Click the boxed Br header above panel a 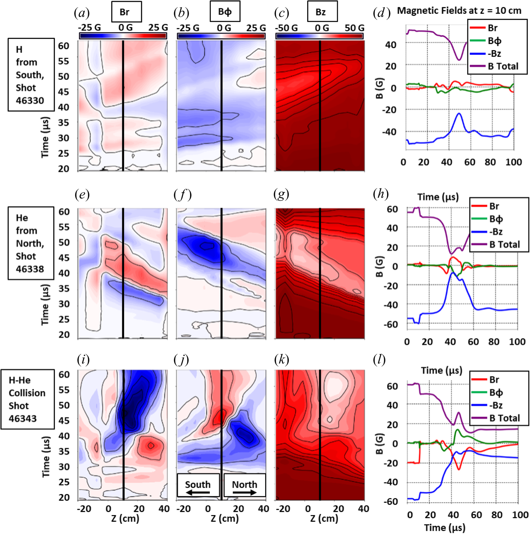tap(126, 12)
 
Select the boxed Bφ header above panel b tap(225, 12)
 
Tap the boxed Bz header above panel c tap(322, 12)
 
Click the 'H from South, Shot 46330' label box tap(31, 75)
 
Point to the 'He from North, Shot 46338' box tap(31, 243)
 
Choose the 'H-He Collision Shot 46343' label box tap(27, 399)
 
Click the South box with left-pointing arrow tap(198, 485)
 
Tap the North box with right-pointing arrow tap(245, 485)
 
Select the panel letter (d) tap(381, 13)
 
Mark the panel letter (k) tap(282, 360)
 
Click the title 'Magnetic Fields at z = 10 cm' tap(459, 11)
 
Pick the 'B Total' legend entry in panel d tap(503, 66)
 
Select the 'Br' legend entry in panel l tap(494, 380)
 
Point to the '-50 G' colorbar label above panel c tap(286, 28)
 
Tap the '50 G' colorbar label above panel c tap(354, 28)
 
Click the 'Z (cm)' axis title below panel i tap(125, 519)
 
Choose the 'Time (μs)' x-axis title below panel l tap(445, 527)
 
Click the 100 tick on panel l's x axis tap(520, 515)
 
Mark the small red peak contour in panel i tap(151, 445)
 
